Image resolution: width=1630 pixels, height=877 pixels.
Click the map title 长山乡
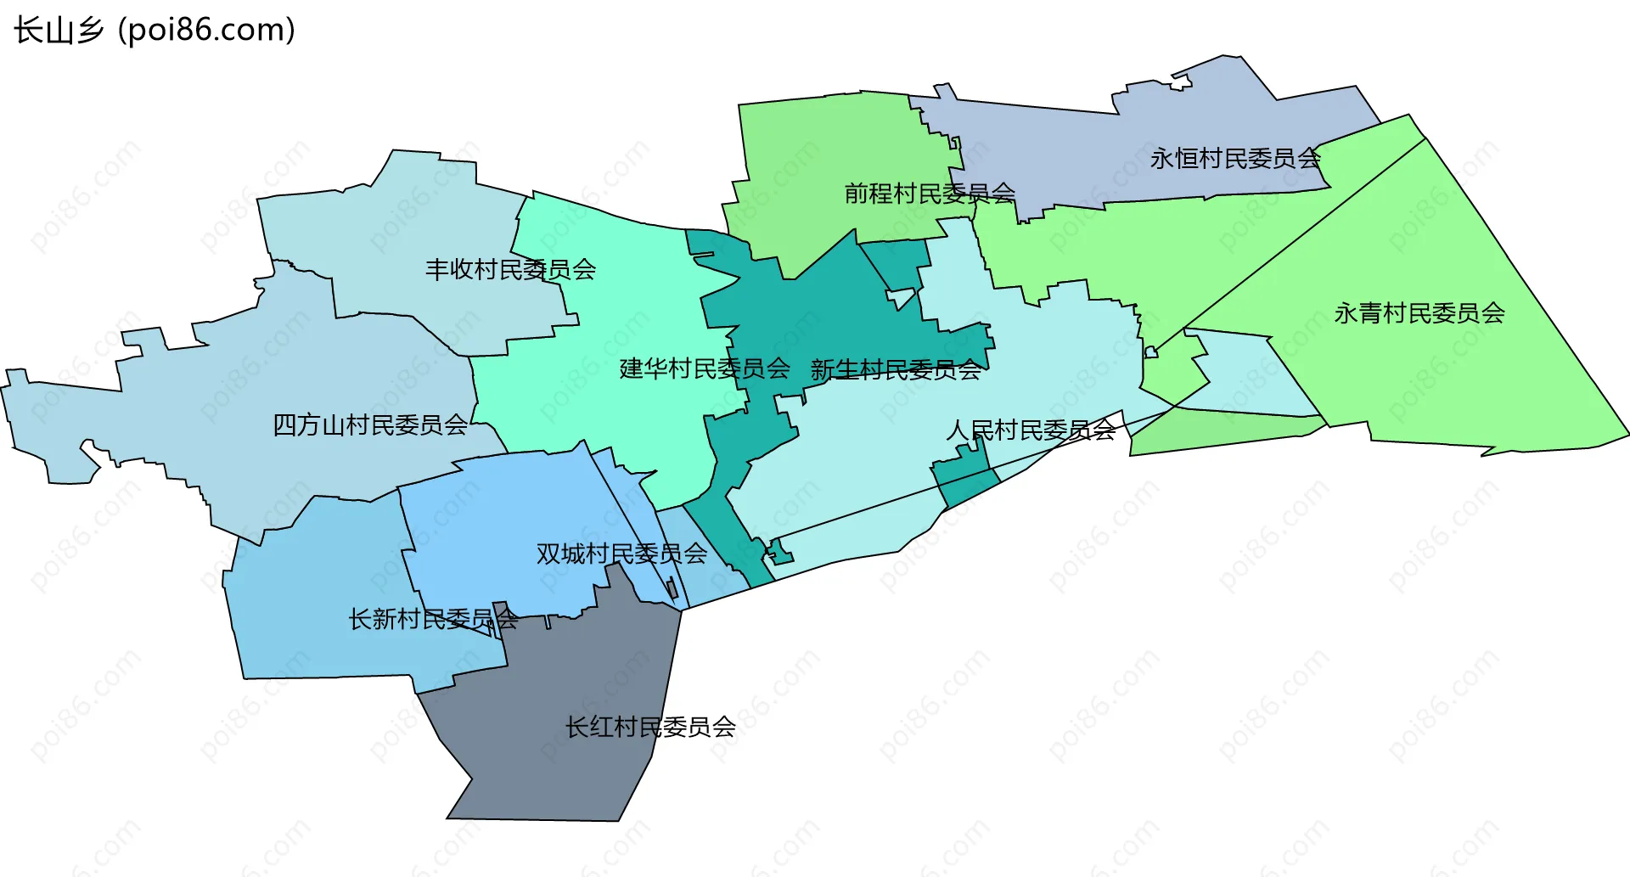tap(58, 31)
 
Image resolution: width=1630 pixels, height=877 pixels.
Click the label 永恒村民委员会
tap(1235, 158)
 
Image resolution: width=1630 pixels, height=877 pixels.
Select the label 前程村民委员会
tap(930, 194)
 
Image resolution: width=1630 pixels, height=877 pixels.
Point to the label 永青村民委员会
tap(1419, 313)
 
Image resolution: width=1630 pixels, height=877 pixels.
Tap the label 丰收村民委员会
tap(510, 270)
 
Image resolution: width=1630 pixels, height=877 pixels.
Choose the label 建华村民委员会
tap(705, 368)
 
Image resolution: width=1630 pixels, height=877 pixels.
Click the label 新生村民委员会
tap(896, 369)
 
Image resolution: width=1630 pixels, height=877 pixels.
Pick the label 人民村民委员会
tap(1031, 430)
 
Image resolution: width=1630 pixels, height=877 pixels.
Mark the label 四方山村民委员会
tap(369, 424)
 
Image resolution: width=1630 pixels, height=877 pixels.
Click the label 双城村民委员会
tap(621, 554)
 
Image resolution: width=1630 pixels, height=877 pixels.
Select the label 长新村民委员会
tap(433, 619)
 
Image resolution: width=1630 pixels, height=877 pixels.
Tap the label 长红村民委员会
tap(650, 727)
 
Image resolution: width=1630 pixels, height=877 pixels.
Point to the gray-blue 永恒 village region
tap(1104, 153)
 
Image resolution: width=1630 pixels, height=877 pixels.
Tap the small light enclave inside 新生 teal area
tap(901, 298)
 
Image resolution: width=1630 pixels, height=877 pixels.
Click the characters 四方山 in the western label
tap(309, 424)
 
